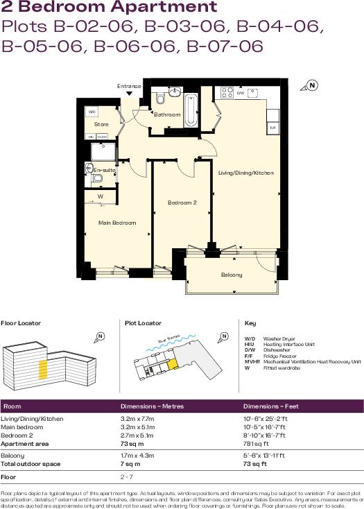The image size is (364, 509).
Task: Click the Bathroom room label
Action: tap(167, 115)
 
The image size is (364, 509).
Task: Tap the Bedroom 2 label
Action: tap(182, 202)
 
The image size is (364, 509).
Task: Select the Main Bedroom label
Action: tap(117, 223)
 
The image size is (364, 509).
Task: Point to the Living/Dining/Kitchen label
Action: tap(245, 172)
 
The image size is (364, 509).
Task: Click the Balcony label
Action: tap(232, 275)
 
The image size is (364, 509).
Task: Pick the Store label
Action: tap(101, 125)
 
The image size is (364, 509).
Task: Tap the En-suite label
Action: tap(104, 169)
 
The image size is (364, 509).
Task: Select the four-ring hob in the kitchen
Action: tap(227, 92)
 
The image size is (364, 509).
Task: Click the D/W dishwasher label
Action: tap(241, 93)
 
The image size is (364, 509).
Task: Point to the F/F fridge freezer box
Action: tap(273, 128)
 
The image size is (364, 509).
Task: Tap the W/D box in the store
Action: tap(91, 111)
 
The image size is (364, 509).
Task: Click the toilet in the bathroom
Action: tap(160, 98)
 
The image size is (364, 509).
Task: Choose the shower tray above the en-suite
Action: tap(101, 150)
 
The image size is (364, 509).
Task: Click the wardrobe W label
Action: tap(101, 196)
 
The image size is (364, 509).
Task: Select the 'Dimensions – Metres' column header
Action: tap(152, 406)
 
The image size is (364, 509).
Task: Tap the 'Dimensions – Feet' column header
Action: tap(270, 406)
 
